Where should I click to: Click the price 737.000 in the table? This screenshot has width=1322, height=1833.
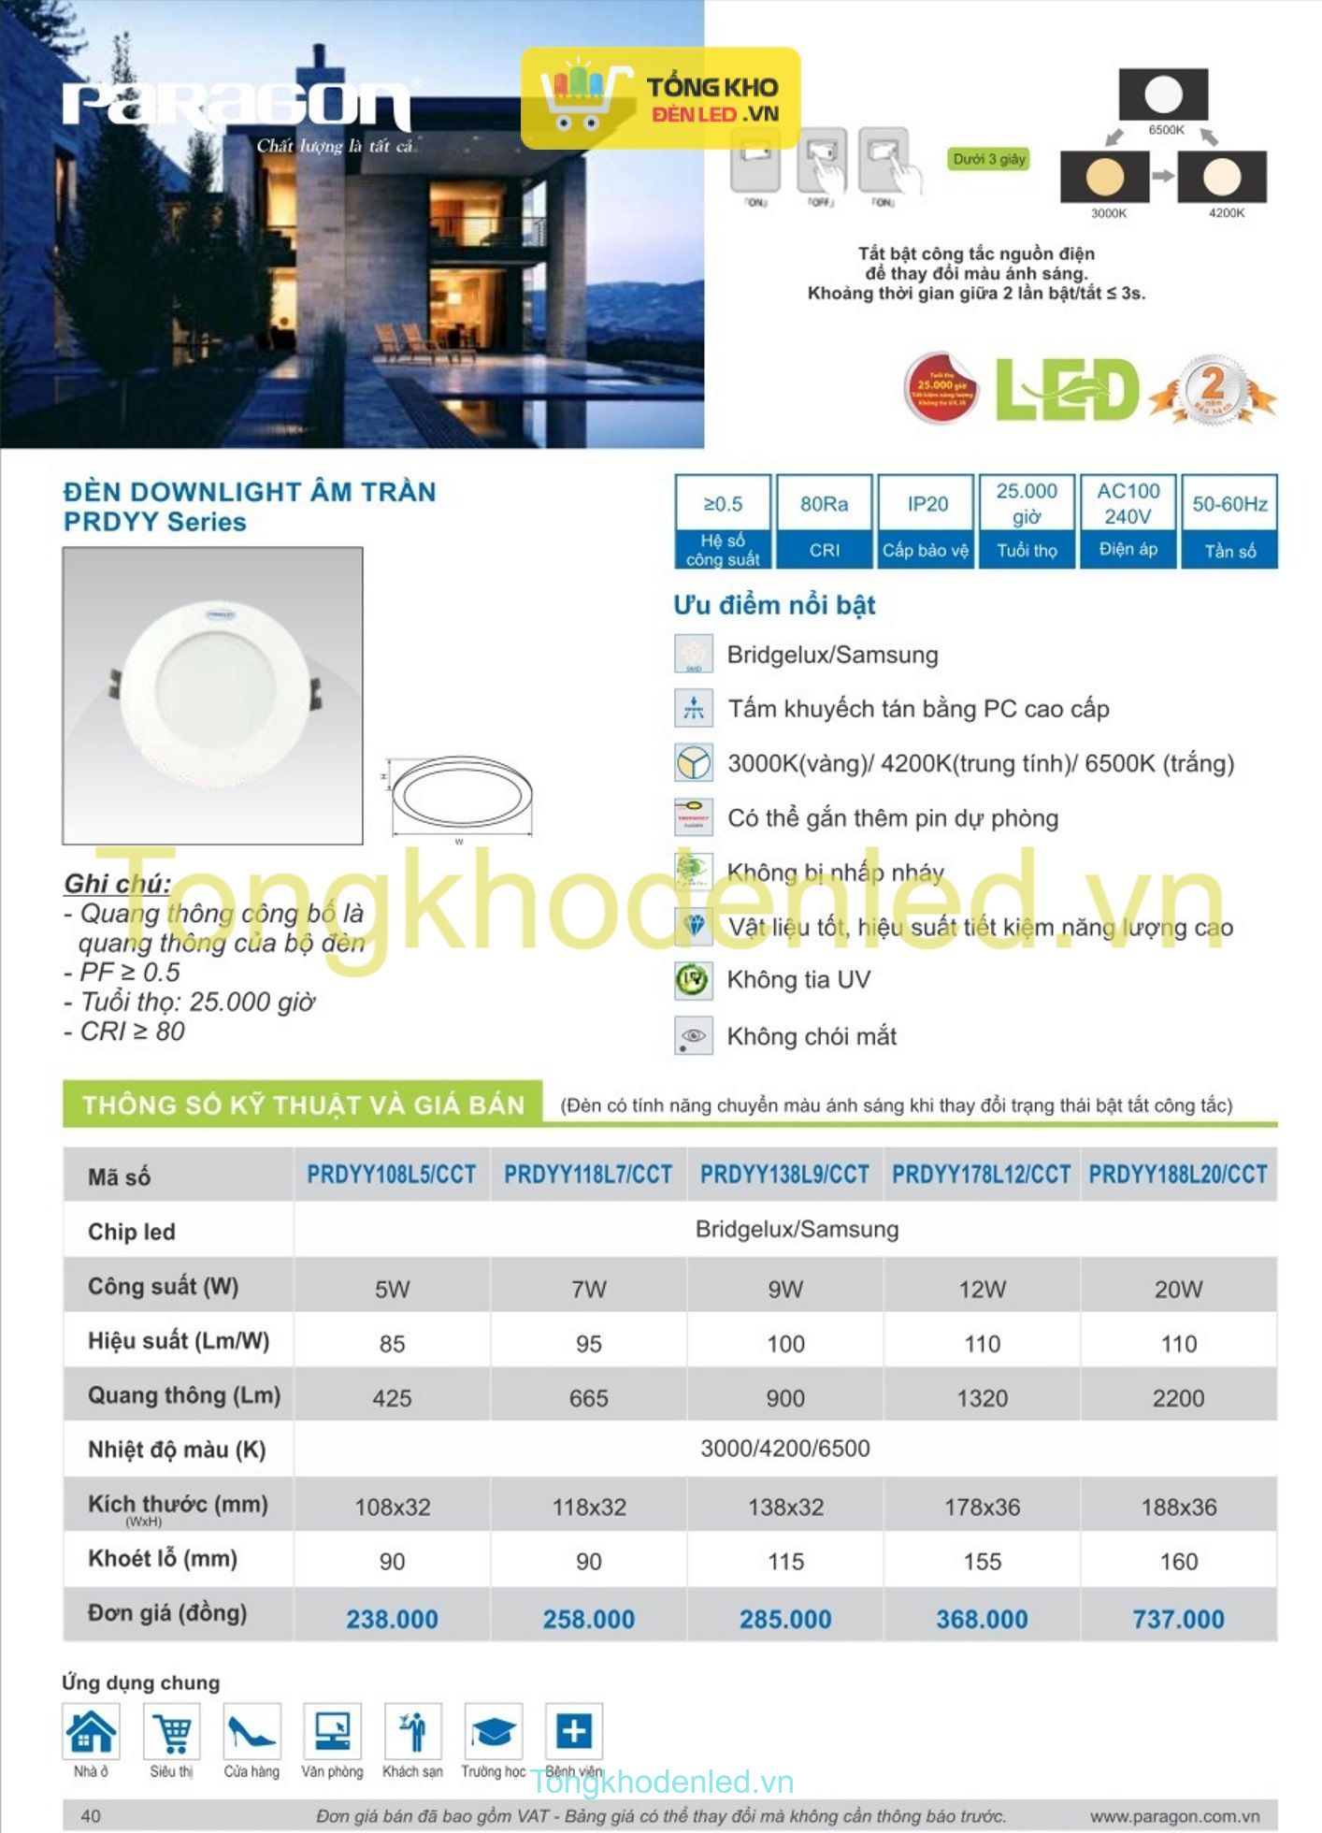pos(1178,1619)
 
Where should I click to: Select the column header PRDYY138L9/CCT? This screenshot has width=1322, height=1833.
pos(784,1175)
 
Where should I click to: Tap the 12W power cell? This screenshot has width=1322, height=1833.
pos(982,1289)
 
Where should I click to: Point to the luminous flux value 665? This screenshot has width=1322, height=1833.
pos(588,1398)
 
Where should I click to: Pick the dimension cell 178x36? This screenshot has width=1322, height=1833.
pos(982,1507)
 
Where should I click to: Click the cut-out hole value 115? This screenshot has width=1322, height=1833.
pos(785,1561)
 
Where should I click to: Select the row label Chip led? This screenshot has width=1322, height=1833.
pos(132,1232)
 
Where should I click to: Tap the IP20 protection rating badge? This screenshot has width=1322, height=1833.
pos(927,520)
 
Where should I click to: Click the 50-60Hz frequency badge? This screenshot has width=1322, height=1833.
pos(1229,520)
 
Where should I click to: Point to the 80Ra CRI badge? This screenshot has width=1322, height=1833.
pos(824,520)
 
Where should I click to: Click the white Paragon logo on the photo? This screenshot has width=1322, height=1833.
pos(237,105)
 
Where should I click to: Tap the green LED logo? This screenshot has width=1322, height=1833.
pos(1067,389)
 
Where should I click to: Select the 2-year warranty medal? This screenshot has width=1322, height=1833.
pos(1213,388)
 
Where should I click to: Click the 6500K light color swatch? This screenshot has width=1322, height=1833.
pos(1164,94)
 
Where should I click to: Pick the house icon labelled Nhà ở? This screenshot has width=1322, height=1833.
pos(91,1732)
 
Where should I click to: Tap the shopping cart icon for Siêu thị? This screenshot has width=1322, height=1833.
pos(172,1732)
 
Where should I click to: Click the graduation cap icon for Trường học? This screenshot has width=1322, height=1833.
pos(493,1732)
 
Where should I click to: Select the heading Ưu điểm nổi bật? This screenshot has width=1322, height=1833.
pos(774,605)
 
